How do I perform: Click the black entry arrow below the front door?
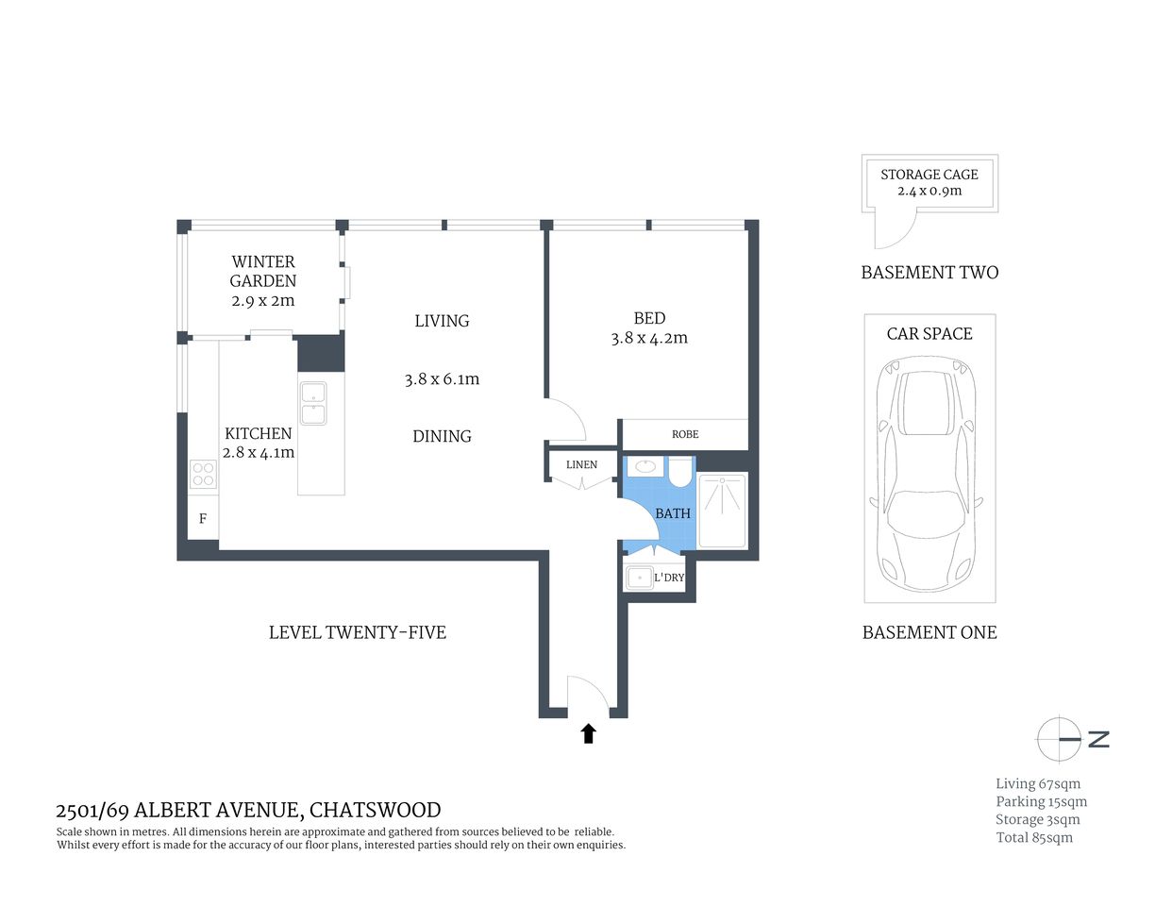point(589,733)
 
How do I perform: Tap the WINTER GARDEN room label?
point(263,271)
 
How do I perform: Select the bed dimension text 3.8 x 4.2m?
point(649,338)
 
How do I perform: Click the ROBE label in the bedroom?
point(685,434)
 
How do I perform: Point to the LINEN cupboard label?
point(581,464)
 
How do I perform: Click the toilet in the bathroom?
point(680,471)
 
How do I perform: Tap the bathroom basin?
point(646,466)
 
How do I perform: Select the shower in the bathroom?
point(722,511)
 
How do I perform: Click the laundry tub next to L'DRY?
point(640,577)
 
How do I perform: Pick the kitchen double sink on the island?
point(312,403)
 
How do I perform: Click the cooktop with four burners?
point(203,475)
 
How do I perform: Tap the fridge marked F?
point(203,519)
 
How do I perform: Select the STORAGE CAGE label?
point(929,175)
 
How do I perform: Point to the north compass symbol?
point(1060,739)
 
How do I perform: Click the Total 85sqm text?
point(1034,837)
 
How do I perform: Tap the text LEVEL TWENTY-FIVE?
point(358,632)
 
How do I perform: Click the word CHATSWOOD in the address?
point(375,810)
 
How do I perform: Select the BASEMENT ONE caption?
point(929,632)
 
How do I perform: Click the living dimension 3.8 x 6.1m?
point(442,379)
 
